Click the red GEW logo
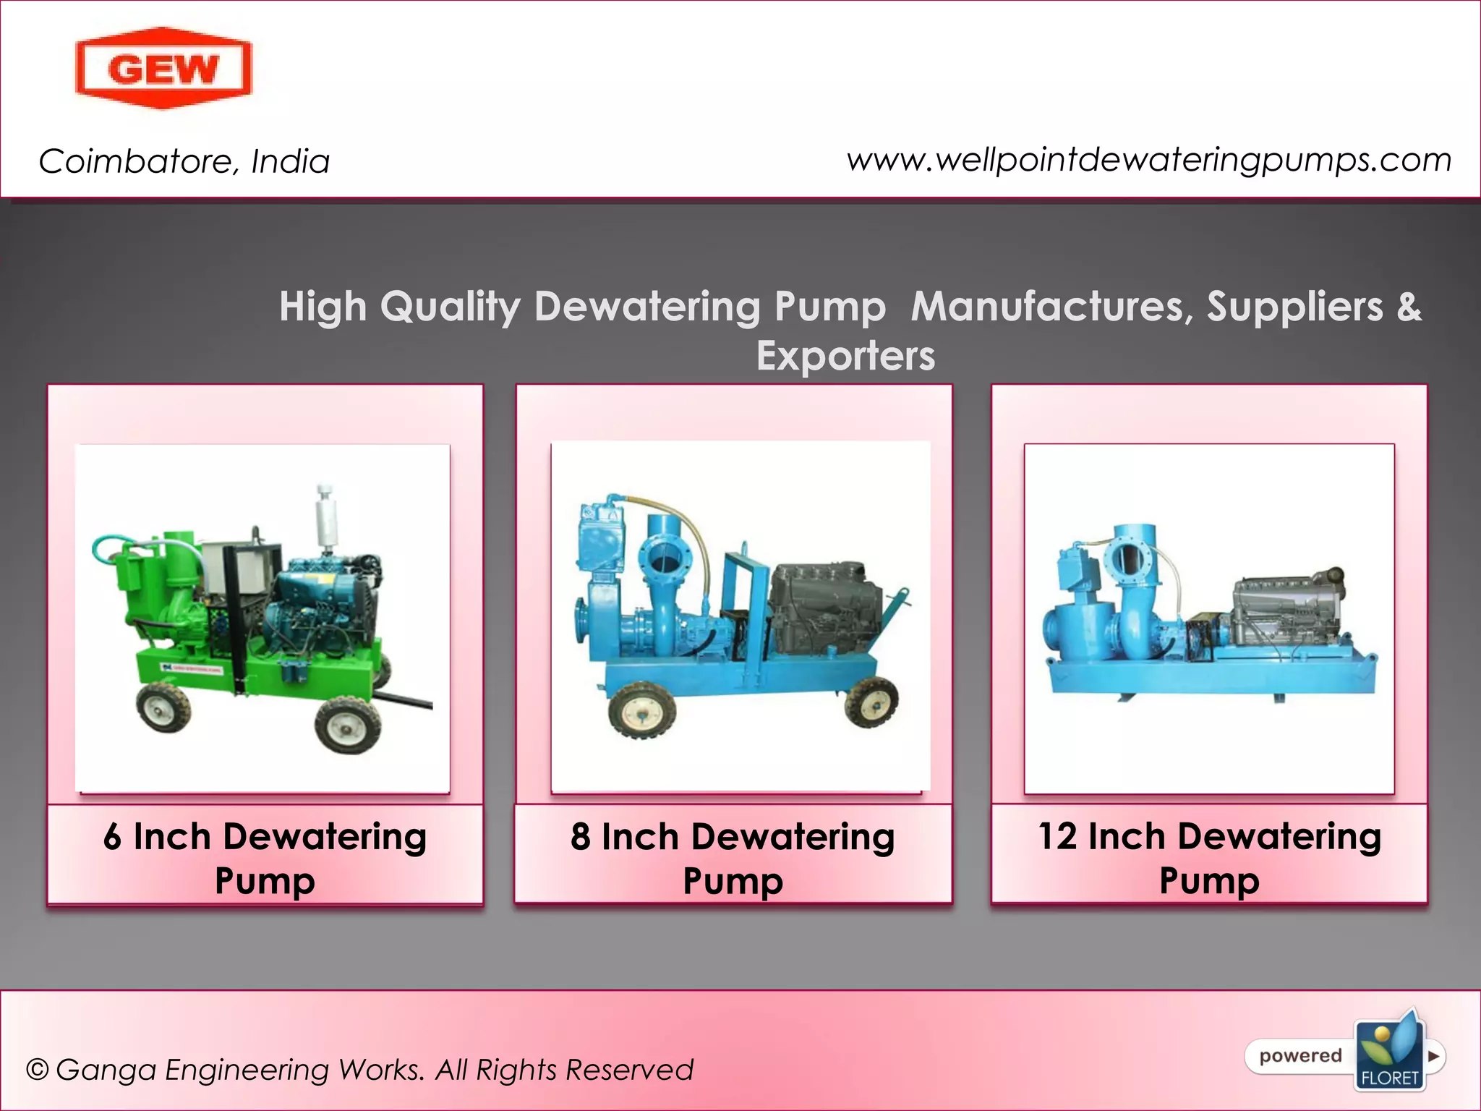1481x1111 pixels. click(163, 69)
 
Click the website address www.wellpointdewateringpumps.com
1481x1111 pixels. click(1149, 160)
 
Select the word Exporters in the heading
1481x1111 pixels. click(845, 356)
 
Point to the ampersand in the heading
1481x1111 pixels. click(1409, 306)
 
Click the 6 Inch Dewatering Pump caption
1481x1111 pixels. click(265, 858)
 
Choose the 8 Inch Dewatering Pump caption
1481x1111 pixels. click(733, 858)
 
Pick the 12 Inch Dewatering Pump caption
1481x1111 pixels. click(1209, 858)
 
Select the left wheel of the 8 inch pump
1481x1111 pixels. click(642, 714)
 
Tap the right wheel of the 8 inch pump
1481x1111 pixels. click(872, 700)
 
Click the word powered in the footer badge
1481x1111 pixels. click(1300, 1056)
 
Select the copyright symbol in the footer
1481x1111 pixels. click(37, 1070)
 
